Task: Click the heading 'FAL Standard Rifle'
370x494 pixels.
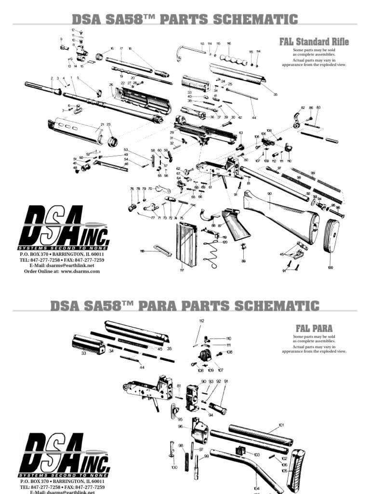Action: (x=314, y=42)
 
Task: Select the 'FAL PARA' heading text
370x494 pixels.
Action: (x=314, y=328)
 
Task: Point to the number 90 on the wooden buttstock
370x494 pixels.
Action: (x=269, y=193)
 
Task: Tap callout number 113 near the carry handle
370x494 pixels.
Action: (x=202, y=44)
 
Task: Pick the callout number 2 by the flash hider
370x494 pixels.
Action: (x=51, y=78)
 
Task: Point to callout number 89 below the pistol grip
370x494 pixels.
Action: (x=243, y=261)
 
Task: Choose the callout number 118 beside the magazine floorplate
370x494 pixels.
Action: (x=142, y=251)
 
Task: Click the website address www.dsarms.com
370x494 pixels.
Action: (x=80, y=271)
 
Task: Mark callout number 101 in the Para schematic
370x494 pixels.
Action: (x=282, y=425)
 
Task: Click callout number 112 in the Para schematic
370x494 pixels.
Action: (x=201, y=321)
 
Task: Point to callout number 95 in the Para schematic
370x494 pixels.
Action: (x=180, y=419)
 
